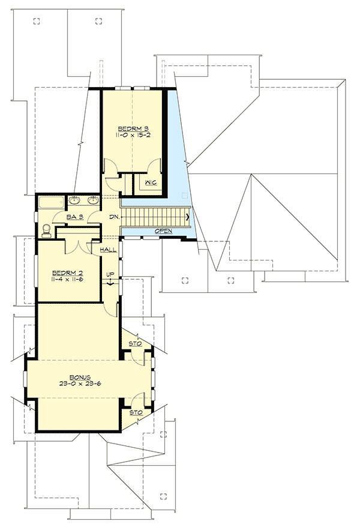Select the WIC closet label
[x=150, y=183]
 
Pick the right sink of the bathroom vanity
[x=94, y=200]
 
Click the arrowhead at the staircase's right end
[x=190, y=217]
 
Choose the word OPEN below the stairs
[x=164, y=231]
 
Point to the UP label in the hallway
[x=110, y=274]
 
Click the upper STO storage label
[x=134, y=344]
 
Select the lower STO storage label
[x=134, y=413]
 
